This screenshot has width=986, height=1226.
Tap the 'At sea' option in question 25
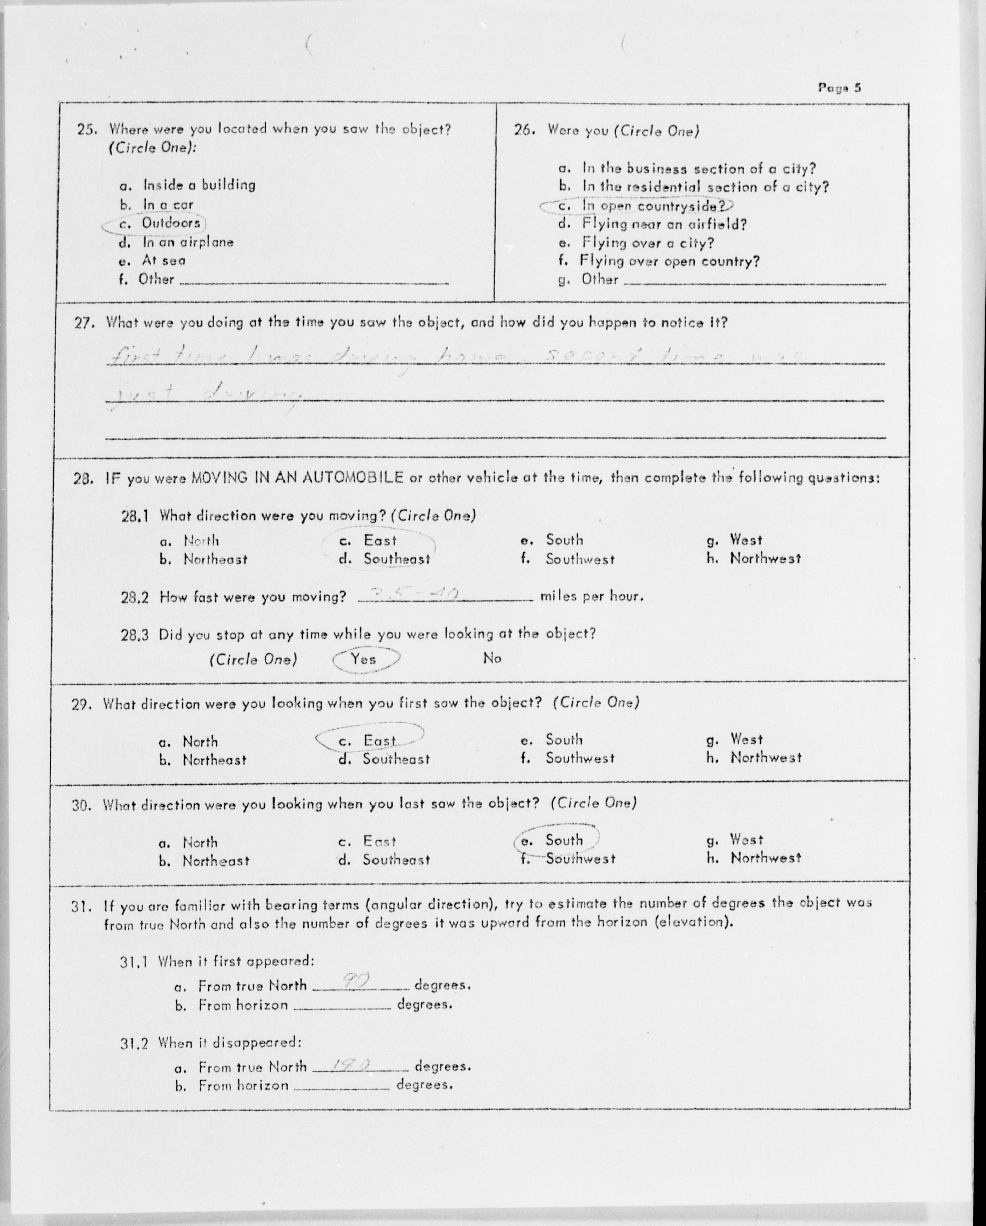(163, 260)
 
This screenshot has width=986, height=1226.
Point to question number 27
(83, 323)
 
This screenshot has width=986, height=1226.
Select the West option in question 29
(746, 739)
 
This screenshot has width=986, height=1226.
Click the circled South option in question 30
(563, 840)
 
